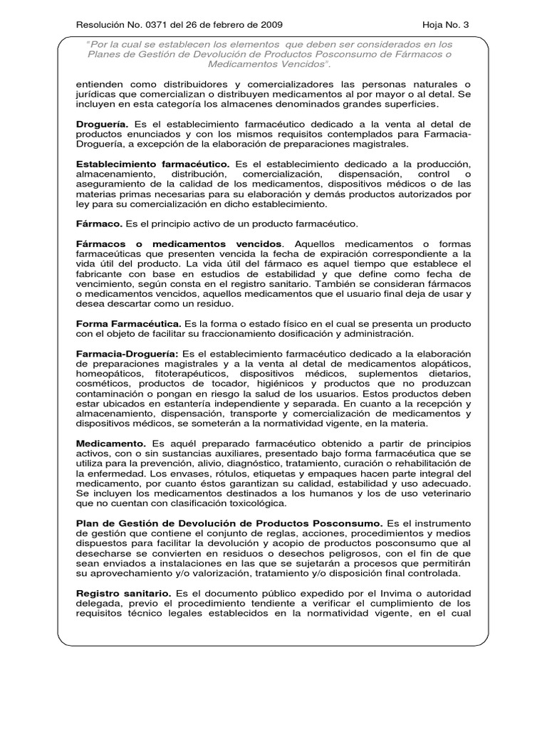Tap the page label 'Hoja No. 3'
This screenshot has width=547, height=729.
(x=447, y=25)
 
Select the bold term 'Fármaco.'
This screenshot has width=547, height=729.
(x=98, y=224)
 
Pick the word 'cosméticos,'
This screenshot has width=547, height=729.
(x=100, y=383)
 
